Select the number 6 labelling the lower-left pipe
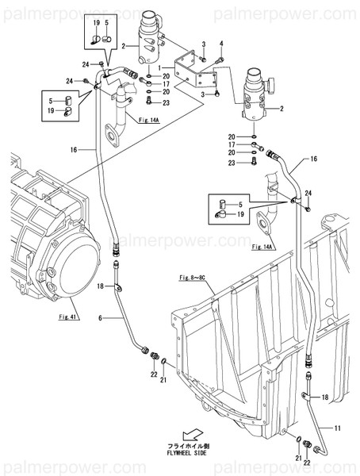click(x=101, y=317)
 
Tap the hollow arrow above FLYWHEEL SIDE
click(x=191, y=434)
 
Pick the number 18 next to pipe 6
click(x=101, y=285)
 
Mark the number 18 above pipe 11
click(x=324, y=396)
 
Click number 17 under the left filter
click(x=167, y=84)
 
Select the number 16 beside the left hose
click(x=73, y=149)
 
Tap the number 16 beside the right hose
click(x=313, y=159)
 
